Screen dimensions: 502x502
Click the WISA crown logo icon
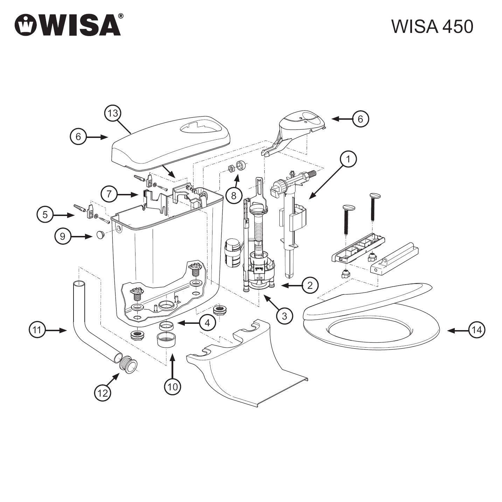26,25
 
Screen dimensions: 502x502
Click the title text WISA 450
432,26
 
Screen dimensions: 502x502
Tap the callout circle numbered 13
113,113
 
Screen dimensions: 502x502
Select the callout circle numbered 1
348,159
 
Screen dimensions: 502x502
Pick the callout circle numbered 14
477,330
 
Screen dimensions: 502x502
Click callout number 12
103,393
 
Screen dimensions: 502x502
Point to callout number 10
173,386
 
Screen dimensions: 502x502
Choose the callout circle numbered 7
110,194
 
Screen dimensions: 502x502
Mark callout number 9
63,236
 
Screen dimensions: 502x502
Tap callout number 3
284,316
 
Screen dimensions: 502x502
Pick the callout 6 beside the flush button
360,119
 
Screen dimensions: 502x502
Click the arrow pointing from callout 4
187,322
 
